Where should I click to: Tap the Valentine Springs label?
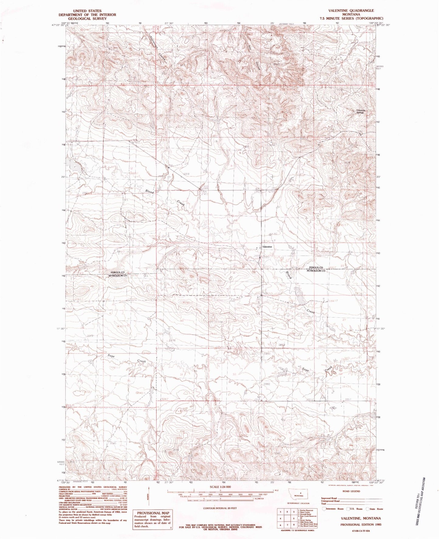click(x=362, y=111)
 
